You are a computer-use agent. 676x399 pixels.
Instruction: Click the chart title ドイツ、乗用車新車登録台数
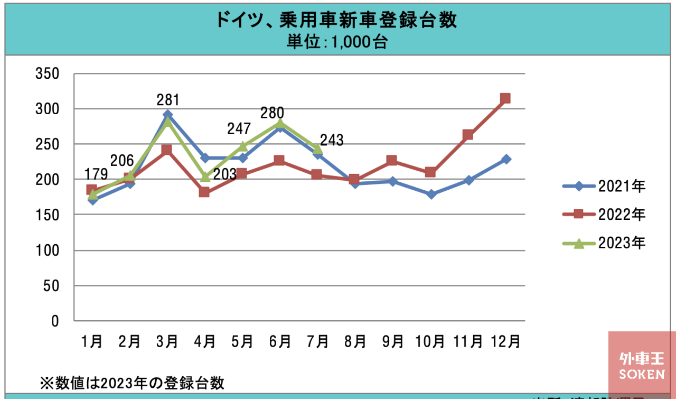click(x=336, y=21)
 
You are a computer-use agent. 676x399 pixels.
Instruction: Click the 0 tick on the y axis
click(x=54, y=321)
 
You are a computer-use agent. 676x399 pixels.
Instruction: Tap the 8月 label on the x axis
click(x=355, y=341)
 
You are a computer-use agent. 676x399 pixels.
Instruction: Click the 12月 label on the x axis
click(x=505, y=341)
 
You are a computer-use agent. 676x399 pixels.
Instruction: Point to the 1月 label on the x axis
click(x=92, y=341)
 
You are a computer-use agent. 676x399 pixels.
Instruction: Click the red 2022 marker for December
click(x=505, y=98)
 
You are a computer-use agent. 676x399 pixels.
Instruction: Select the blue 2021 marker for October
click(x=431, y=194)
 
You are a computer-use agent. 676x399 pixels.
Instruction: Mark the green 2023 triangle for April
click(x=205, y=177)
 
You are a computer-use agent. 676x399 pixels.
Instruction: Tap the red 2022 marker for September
click(x=392, y=161)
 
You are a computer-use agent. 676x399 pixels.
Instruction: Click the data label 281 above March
click(x=168, y=100)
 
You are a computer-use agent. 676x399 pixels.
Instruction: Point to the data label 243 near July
click(x=332, y=141)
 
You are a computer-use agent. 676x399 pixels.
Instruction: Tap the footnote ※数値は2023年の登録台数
click(x=132, y=382)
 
